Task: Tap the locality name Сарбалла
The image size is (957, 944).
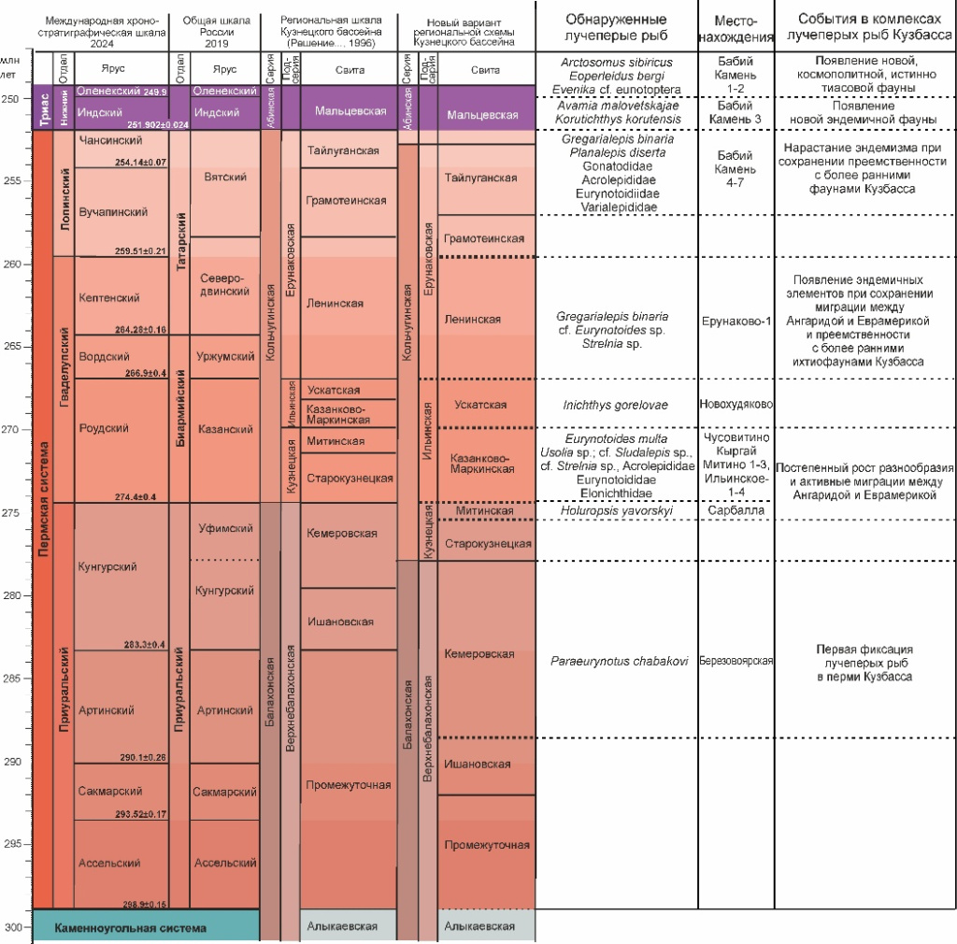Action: pyautogui.click(x=736, y=511)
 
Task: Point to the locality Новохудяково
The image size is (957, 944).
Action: pyautogui.click(x=736, y=404)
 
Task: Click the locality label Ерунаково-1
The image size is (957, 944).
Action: pyautogui.click(x=736, y=319)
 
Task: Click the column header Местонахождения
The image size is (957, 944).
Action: pyautogui.click(x=736, y=28)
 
